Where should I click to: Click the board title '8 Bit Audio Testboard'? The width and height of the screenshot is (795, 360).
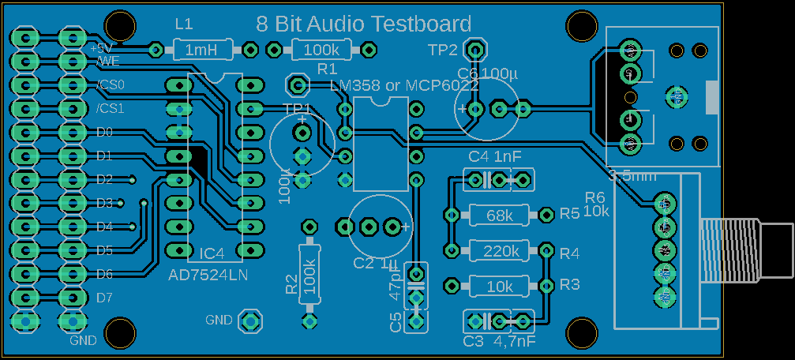click(x=364, y=24)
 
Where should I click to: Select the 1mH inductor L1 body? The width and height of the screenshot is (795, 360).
click(x=202, y=51)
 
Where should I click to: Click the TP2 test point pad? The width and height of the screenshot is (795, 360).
click(x=474, y=49)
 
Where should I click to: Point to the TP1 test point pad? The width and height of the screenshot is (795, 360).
click(x=297, y=84)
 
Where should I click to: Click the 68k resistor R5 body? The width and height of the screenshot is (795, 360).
click(x=498, y=214)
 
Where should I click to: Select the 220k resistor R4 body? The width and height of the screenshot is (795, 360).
click(x=498, y=251)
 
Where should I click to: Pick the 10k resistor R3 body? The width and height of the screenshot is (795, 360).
click(x=498, y=285)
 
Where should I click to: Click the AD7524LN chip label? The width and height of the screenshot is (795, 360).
click(x=208, y=275)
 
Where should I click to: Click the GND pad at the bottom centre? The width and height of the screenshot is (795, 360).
click(x=250, y=321)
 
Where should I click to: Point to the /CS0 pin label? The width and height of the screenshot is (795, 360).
click(x=111, y=84)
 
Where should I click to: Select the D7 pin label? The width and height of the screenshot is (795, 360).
click(x=105, y=298)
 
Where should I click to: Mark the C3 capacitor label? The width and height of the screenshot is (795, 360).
click(x=473, y=342)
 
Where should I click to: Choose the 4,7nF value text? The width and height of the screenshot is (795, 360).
click(x=515, y=342)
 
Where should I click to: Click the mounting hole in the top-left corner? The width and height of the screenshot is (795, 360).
click(x=121, y=24)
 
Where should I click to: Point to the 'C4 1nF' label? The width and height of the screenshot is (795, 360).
click(x=494, y=156)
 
